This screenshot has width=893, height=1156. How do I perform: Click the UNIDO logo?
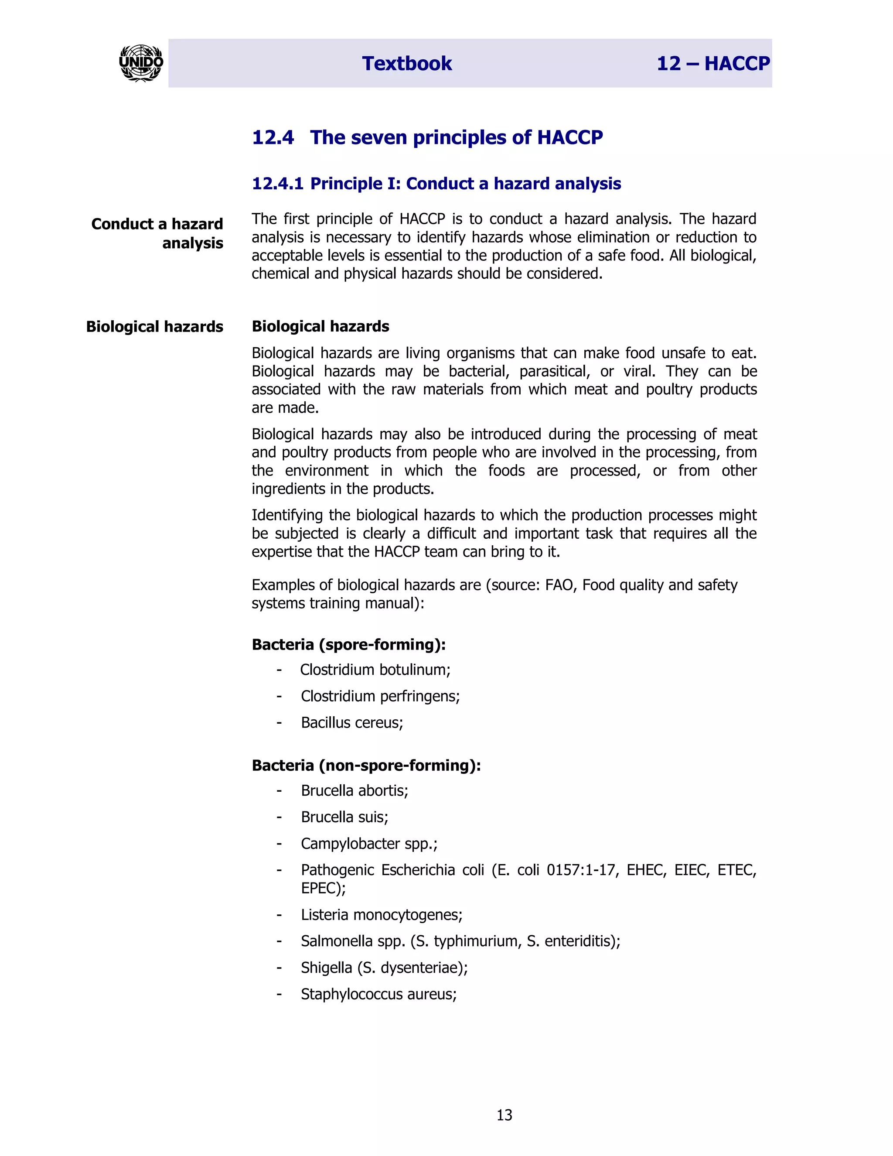click(141, 63)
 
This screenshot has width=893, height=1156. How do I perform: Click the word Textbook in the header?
click(407, 64)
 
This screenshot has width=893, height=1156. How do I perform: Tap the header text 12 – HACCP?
click(712, 64)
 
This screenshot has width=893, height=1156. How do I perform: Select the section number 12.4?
click(273, 137)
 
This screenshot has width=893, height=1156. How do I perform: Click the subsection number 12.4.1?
click(277, 184)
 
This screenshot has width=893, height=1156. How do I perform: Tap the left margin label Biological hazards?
click(154, 327)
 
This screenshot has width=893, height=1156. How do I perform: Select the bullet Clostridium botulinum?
click(375, 670)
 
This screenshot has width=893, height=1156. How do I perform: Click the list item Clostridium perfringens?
click(380, 696)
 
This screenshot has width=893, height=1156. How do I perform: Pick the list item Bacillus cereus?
click(352, 722)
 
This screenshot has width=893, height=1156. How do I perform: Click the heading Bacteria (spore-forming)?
click(349, 645)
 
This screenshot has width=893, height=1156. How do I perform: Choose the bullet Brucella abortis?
click(354, 791)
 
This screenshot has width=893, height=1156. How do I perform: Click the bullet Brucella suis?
click(344, 817)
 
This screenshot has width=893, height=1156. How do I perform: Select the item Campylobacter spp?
click(369, 844)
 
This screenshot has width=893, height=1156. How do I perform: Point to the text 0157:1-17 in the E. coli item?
click(583, 870)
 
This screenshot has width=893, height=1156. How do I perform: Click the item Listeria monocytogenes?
click(382, 915)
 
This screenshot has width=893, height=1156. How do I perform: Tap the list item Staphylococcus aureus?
click(378, 994)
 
